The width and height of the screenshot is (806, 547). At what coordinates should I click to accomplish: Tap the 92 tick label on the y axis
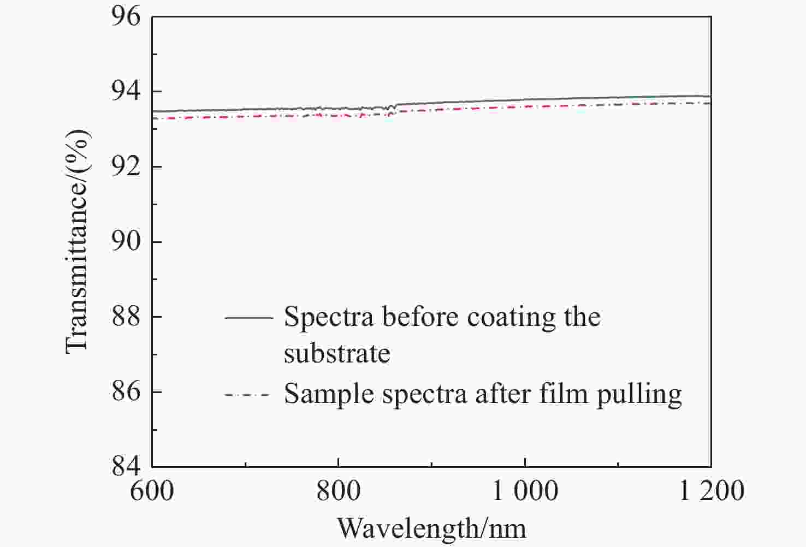pyautogui.click(x=126, y=167)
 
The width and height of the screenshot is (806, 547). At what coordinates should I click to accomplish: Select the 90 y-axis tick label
pyautogui.click(x=126, y=242)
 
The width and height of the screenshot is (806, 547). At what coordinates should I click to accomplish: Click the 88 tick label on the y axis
pyautogui.click(x=126, y=317)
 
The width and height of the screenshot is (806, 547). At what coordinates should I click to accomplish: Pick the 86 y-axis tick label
pyautogui.click(x=126, y=391)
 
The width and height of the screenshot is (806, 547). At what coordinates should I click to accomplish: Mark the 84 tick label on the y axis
pyautogui.click(x=126, y=466)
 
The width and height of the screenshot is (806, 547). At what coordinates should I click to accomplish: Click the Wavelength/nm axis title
pyautogui.click(x=431, y=528)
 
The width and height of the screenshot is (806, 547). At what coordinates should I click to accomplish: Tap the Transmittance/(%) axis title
pyautogui.click(x=76, y=241)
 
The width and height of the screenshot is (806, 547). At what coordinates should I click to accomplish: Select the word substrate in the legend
pyautogui.click(x=337, y=354)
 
